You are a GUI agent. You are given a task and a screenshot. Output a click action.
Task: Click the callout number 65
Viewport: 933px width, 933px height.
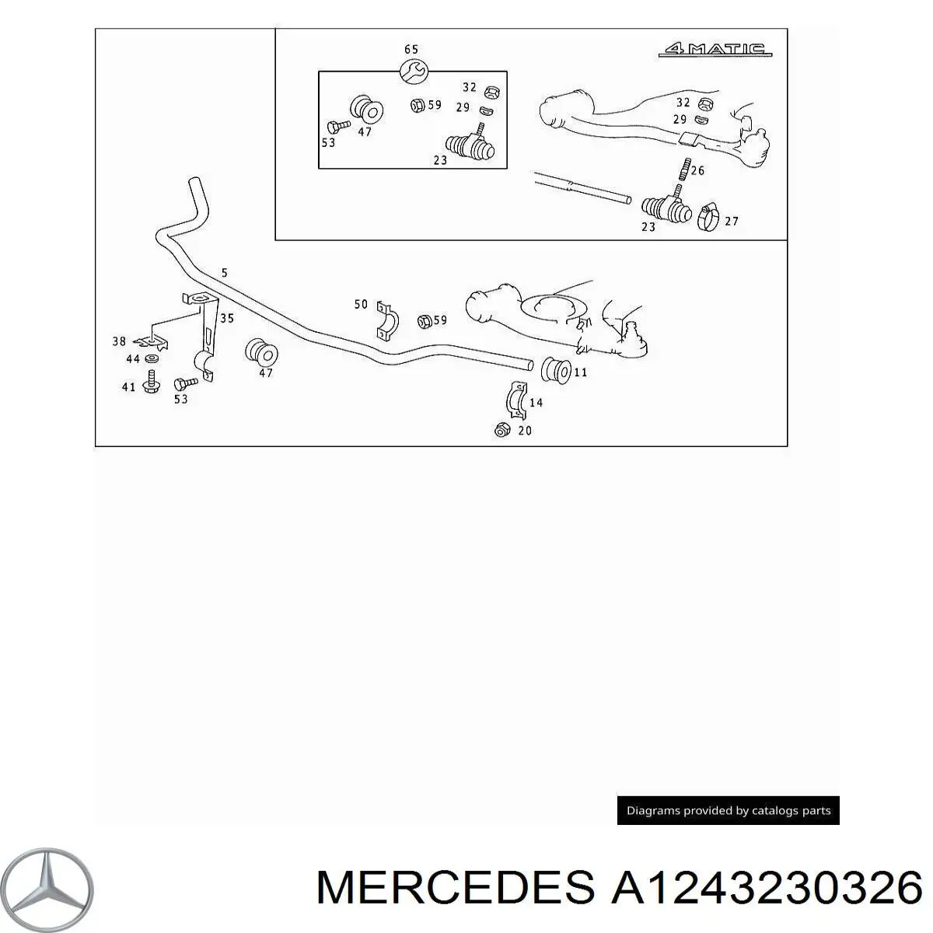[x=411, y=49]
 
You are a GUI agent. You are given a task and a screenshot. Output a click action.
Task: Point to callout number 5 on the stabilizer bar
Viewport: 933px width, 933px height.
[x=224, y=273]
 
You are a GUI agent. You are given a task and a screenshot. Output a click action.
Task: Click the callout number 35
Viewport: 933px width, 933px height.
[x=226, y=318]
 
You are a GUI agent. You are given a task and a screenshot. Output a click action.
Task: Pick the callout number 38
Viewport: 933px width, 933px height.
[x=119, y=341]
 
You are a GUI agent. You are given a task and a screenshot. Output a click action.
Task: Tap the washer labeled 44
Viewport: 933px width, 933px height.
[x=152, y=358]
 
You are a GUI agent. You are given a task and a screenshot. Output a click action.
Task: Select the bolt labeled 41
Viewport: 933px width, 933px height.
[x=151, y=386]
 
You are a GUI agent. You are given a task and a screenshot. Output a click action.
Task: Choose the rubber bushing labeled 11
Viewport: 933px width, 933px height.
[x=556, y=371]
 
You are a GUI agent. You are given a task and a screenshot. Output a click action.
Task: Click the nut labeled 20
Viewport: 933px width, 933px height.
[x=502, y=429]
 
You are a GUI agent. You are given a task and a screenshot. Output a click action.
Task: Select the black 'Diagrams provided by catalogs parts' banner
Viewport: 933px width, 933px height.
[x=728, y=810]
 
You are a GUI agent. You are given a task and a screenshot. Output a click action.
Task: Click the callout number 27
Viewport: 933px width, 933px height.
[x=732, y=222]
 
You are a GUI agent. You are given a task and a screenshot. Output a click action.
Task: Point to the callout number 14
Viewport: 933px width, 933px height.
[x=536, y=403]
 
